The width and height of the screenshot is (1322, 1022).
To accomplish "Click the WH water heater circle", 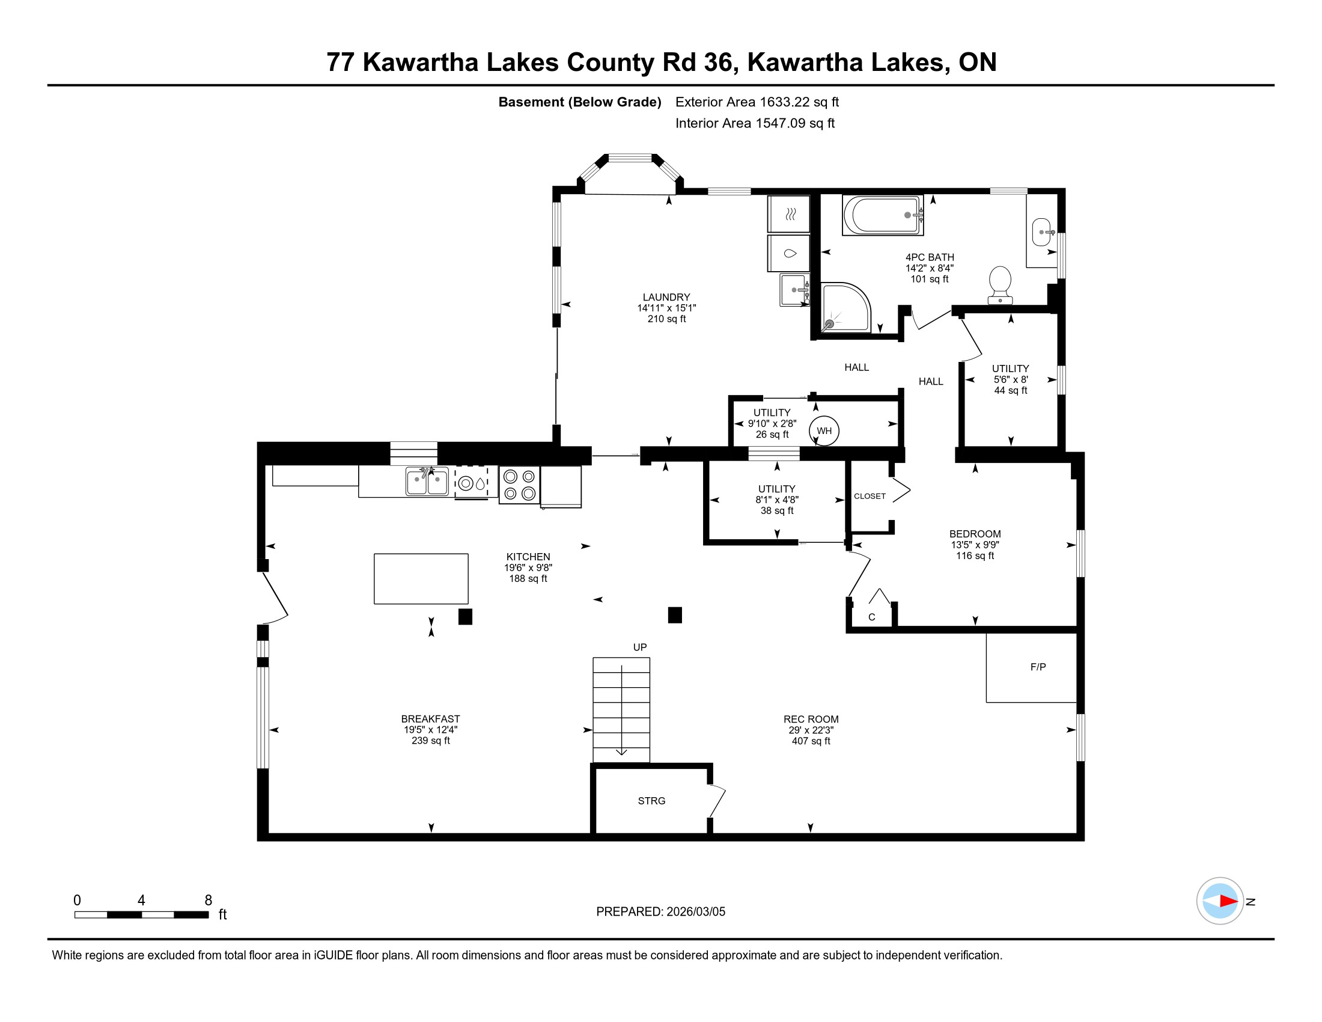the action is pos(824,430).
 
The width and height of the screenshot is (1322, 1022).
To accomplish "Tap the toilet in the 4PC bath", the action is pos(1000,285).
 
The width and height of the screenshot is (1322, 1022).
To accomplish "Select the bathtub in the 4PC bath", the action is pos(883,215).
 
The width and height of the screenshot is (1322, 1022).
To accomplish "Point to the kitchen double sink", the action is pos(427,482).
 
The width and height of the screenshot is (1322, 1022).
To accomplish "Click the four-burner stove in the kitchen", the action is pos(519,485).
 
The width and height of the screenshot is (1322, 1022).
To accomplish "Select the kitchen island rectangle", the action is pos(421,578).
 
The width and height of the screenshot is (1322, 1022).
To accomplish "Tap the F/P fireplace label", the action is pos(1038,667).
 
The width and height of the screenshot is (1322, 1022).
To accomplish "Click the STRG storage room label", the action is pos(651,800).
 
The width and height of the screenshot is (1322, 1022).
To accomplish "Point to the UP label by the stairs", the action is pos(640,647).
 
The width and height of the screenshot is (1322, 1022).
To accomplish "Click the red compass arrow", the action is pos(1229,901).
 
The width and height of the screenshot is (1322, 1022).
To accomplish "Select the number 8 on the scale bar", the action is pos(209,901).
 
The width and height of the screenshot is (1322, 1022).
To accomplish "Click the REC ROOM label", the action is pos(811,719).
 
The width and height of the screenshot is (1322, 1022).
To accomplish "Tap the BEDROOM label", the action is pos(975,534).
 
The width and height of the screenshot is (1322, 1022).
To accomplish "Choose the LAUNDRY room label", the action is pos(666,297).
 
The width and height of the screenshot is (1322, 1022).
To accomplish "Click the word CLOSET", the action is pos(870,496).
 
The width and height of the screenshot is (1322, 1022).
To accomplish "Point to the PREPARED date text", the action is pos(660,911).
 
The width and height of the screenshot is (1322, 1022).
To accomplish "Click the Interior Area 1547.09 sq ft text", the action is pos(755,123).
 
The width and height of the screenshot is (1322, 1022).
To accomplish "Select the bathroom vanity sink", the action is pos(1042,232).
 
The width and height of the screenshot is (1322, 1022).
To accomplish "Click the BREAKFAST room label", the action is pos(430,718).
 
